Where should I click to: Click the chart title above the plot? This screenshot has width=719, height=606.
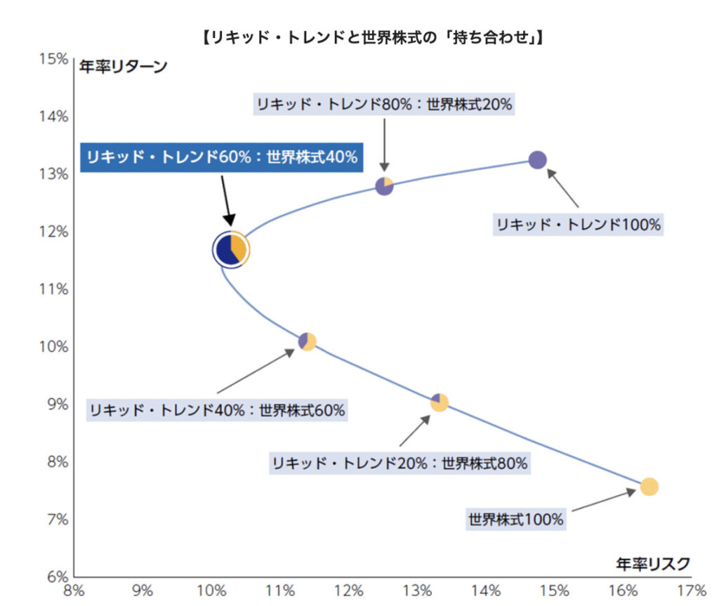tap(371, 37)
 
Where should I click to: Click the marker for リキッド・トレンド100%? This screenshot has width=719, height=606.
tap(537, 159)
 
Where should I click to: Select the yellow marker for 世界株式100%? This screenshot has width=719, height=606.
tap(649, 486)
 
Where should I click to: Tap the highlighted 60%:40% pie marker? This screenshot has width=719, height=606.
tap(231, 249)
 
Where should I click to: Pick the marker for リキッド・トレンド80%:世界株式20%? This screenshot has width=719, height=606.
tap(384, 186)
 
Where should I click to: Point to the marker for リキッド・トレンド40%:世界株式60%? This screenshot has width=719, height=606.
tap(307, 341)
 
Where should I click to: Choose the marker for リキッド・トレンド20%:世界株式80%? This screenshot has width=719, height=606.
tap(439, 402)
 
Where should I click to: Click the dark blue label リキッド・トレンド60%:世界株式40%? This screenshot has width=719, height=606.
tap(222, 157)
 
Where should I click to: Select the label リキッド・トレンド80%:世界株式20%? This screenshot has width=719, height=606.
tap(384, 105)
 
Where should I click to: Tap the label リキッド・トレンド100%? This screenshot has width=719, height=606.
tap(579, 225)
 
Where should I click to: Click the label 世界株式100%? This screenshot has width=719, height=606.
tap(515, 520)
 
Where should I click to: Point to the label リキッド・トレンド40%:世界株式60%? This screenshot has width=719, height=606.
tap(217, 410)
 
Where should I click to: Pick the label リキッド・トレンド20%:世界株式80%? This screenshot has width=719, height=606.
tap(400, 463)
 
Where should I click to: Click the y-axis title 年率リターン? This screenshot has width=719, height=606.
tap(122, 67)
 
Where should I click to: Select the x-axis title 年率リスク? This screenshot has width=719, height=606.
tap(652, 563)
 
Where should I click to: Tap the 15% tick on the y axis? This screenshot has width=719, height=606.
tap(54, 59)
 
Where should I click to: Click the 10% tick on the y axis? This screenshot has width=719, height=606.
tap(54, 347)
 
